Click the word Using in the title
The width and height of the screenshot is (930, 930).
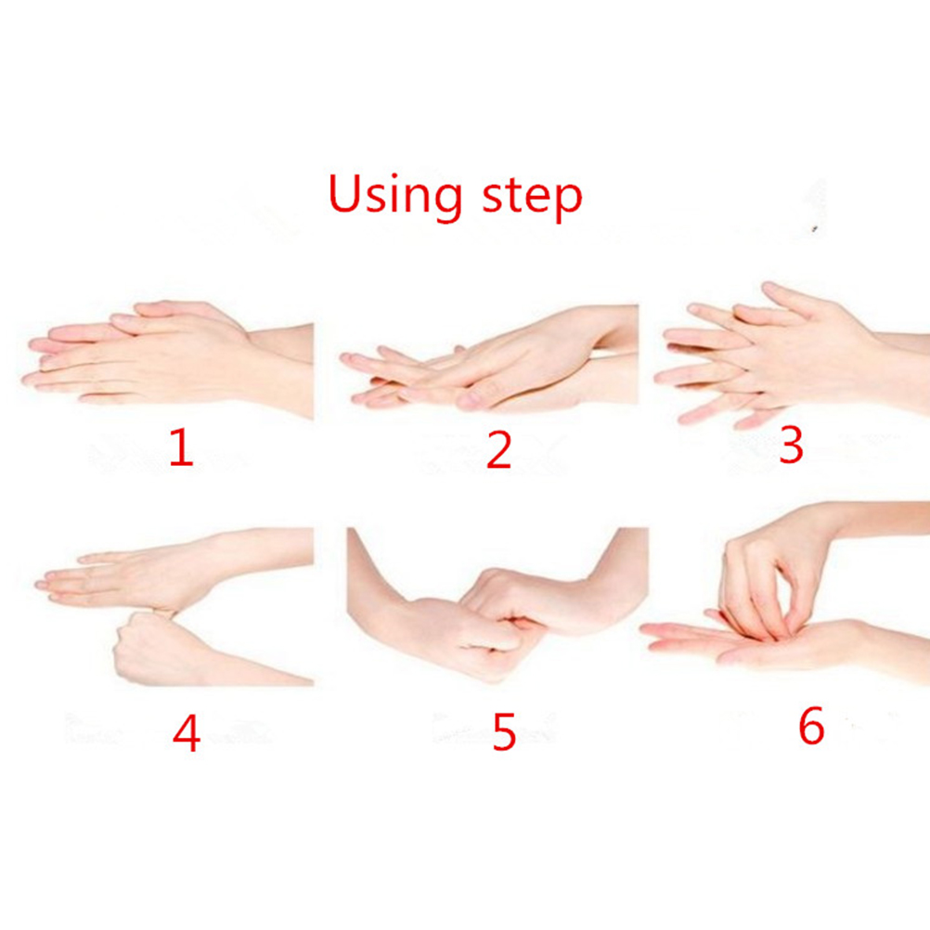[395, 195]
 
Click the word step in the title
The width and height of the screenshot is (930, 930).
[533, 197]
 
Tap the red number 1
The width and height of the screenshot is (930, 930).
[181, 447]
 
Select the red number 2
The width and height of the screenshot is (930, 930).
[498, 450]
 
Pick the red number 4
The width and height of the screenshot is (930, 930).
[187, 733]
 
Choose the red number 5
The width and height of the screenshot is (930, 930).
[504, 732]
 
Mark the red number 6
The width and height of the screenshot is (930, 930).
[811, 725]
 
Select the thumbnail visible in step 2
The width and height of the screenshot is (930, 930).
[469, 399]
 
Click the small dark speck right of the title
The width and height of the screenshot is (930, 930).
[815, 228]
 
